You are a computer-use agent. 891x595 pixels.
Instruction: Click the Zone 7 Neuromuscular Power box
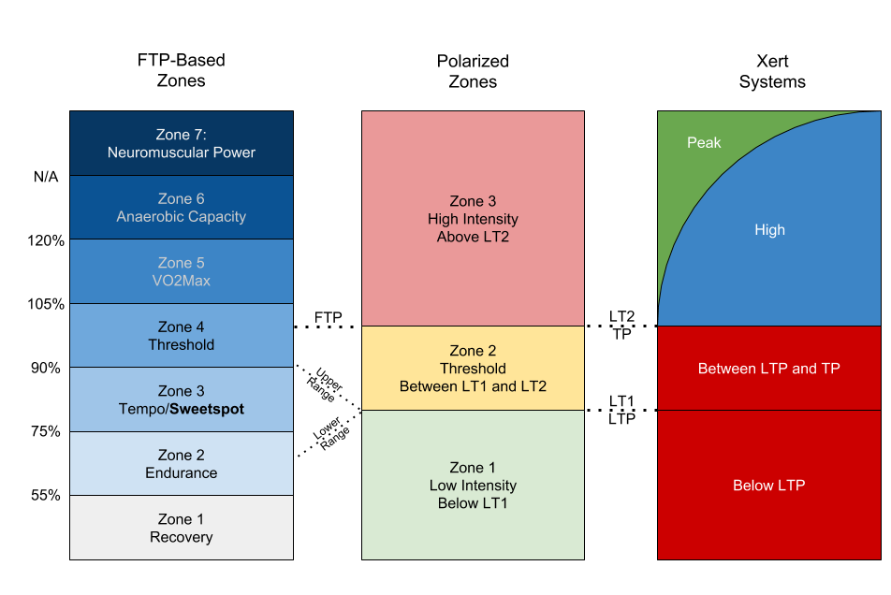pos(182,143)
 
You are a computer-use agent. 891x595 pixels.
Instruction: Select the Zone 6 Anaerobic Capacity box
pos(182,208)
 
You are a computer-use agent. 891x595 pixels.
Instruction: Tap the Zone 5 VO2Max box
pos(182,271)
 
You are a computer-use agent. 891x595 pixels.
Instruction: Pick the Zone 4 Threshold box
pos(182,336)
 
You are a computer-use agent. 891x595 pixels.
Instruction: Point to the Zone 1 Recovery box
pos(182,528)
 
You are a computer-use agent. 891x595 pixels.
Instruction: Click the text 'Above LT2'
pos(473,237)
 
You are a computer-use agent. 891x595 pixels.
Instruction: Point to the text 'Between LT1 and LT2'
pos(473,386)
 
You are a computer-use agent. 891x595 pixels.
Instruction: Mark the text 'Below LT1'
pos(473,503)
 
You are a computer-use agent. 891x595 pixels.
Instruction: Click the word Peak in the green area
pos(704,143)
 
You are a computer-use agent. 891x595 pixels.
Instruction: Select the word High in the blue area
pos(769,230)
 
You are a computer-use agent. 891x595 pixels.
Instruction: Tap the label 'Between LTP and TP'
pos(769,369)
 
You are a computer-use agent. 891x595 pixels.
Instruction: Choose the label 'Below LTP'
pos(769,486)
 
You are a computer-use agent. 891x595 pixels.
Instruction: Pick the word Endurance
pos(182,473)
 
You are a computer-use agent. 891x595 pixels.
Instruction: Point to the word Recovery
pos(182,538)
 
